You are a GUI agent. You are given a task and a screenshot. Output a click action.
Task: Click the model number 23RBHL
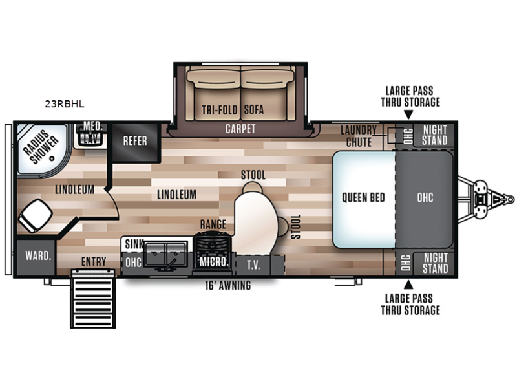65,104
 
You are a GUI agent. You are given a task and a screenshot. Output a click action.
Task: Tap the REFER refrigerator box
136,142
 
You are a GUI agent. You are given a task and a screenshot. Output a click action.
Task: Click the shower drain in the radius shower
52,158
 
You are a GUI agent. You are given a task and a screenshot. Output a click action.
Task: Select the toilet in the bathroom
35,216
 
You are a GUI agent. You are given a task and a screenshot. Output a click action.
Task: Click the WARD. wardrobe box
36,257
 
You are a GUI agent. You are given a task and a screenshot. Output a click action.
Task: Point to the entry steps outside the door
93,299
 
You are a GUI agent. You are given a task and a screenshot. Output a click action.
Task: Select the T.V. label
253,265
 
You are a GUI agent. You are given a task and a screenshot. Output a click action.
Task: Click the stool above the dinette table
253,188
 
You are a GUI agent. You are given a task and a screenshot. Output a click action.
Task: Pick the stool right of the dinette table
283,226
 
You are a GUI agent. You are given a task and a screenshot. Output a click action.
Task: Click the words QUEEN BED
363,198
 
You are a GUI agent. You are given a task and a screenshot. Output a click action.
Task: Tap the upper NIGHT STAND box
434,135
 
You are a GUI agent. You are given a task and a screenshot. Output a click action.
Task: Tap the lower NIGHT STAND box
434,263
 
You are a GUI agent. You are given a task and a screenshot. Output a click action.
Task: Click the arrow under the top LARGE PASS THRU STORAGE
408,114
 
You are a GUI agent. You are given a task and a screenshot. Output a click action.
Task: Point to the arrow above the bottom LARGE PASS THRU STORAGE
408,285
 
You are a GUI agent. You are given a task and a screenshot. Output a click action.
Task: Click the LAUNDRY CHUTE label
359,136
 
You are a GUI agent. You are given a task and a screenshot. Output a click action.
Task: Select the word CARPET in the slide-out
240,129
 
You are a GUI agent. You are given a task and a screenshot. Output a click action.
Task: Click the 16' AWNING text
228,285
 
